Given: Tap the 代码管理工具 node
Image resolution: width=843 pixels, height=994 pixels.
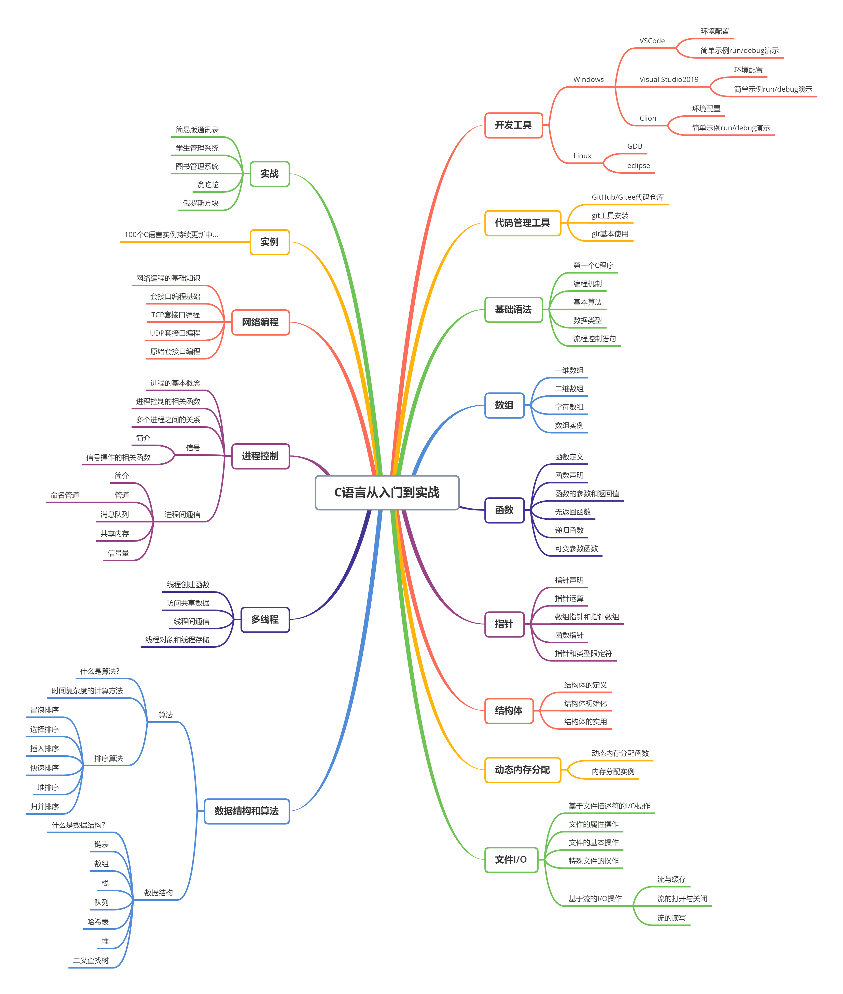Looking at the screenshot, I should pos(522,223).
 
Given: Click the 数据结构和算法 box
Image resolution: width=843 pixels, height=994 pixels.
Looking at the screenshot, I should pos(247,811).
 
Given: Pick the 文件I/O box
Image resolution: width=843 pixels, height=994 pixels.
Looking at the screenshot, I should pos(511,860).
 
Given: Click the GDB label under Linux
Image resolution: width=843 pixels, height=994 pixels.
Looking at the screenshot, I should pos(635,146).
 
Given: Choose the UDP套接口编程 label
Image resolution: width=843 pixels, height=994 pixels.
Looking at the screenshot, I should pos(175,333).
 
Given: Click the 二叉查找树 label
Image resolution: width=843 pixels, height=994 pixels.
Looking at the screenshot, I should pos(91,961).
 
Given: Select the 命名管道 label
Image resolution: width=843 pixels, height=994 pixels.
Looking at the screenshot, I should pos(65,495).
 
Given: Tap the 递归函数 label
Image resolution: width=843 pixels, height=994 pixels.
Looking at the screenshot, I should pos(569,530).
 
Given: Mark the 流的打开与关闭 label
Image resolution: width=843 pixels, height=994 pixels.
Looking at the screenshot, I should pos(682,899).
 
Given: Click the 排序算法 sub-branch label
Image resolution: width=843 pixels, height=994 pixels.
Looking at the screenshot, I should pos(108,758).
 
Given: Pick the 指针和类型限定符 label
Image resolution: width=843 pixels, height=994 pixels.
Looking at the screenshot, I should pos(583,654).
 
